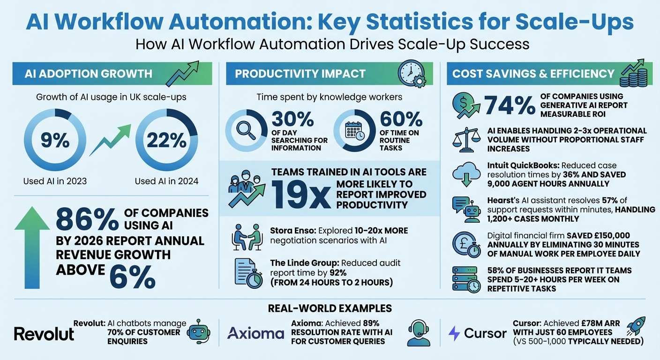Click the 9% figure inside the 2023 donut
[55, 140]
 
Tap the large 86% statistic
[87, 219]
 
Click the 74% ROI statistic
[510, 105]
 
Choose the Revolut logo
[44, 333]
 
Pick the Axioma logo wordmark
[255, 333]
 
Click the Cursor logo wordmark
[485, 333]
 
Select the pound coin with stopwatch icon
[466, 245]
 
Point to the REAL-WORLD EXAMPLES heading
[330, 308]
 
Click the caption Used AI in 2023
[55, 181]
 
